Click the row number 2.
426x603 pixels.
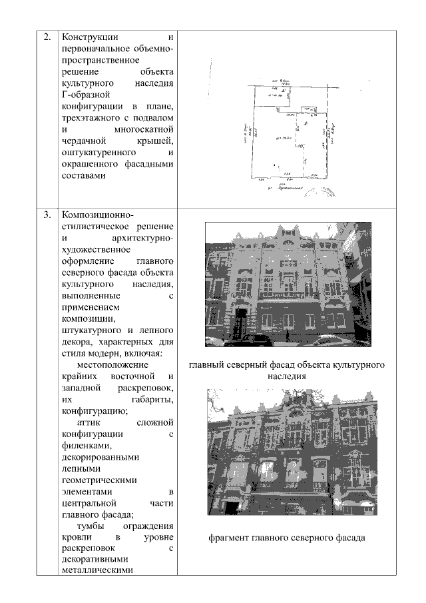click(x=47, y=37)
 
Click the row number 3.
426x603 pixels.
click(x=47, y=215)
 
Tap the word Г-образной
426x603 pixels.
click(x=84, y=95)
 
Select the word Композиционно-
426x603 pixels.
click(x=97, y=215)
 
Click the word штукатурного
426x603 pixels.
click(x=91, y=330)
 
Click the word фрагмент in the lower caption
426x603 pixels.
click(x=229, y=537)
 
